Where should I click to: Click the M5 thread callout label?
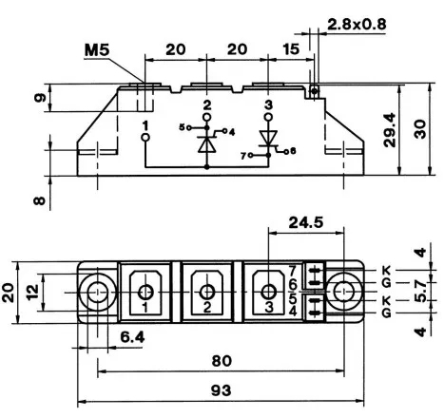click(x=97, y=50)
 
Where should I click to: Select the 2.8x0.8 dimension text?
click(x=357, y=25)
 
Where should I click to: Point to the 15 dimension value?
click(x=291, y=49)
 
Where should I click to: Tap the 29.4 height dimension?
click(x=390, y=130)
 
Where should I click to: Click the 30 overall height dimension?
click(x=420, y=129)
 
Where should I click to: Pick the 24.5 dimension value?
click(x=306, y=222)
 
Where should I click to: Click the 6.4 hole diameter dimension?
click(x=132, y=337)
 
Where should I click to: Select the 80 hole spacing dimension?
click(x=222, y=361)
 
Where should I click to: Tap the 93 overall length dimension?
click(x=222, y=390)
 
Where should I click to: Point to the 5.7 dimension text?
click(x=420, y=292)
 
